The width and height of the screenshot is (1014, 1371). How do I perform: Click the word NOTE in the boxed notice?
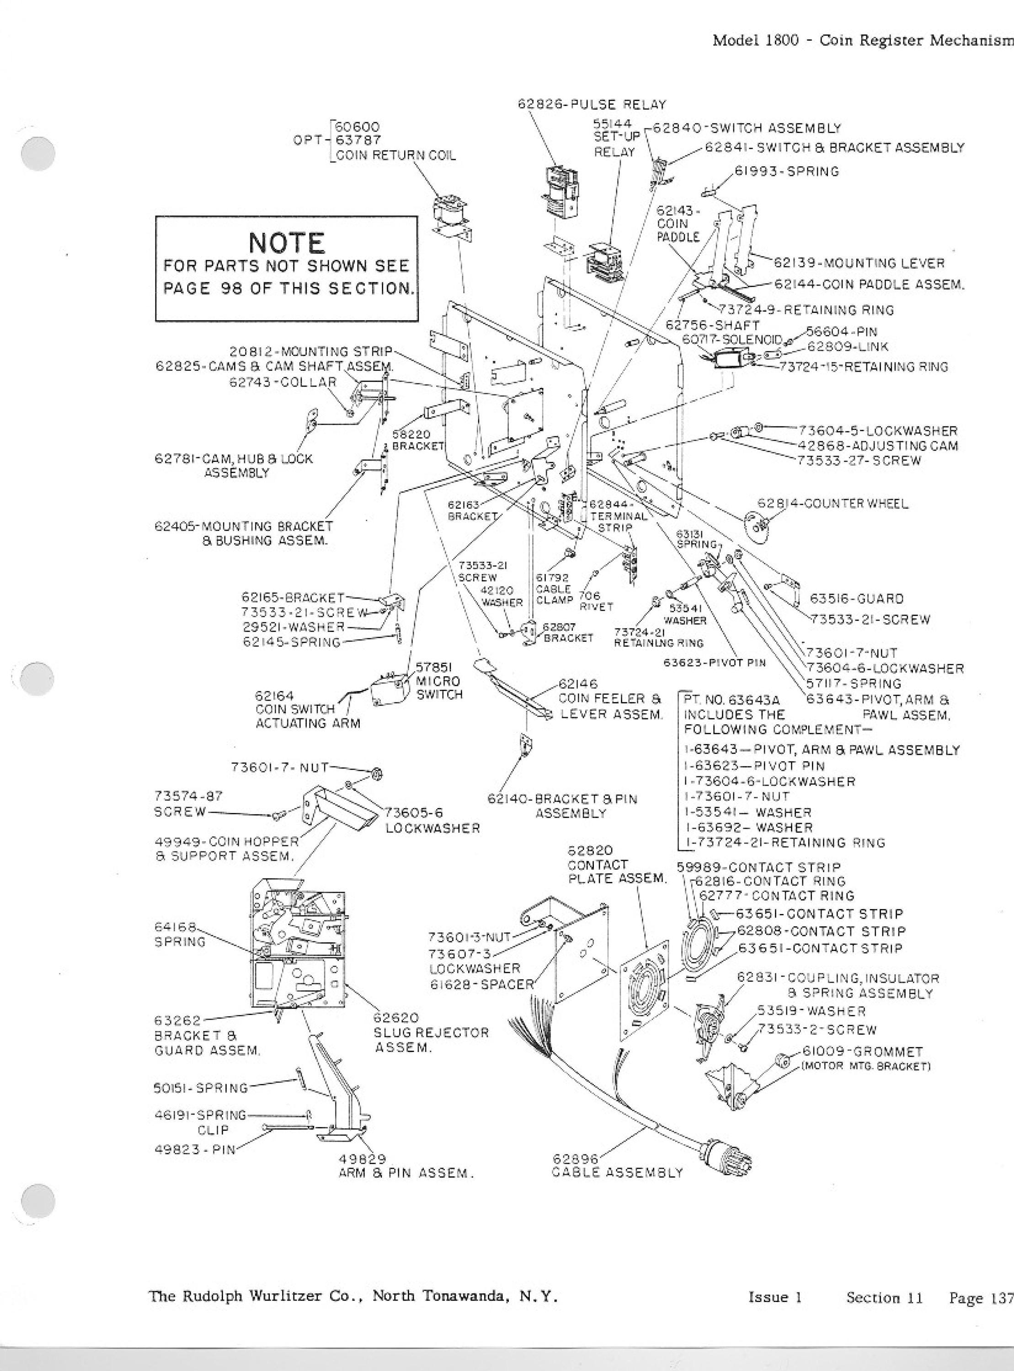pyautogui.click(x=287, y=243)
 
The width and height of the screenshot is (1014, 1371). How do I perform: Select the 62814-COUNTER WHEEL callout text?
pyautogui.click(x=833, y=504)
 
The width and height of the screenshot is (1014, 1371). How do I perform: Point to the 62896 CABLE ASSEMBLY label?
pyautogui.click(x=617, y=1165)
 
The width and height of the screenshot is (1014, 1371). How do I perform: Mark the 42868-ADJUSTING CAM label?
pyautogui.click(x=878, y=445)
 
